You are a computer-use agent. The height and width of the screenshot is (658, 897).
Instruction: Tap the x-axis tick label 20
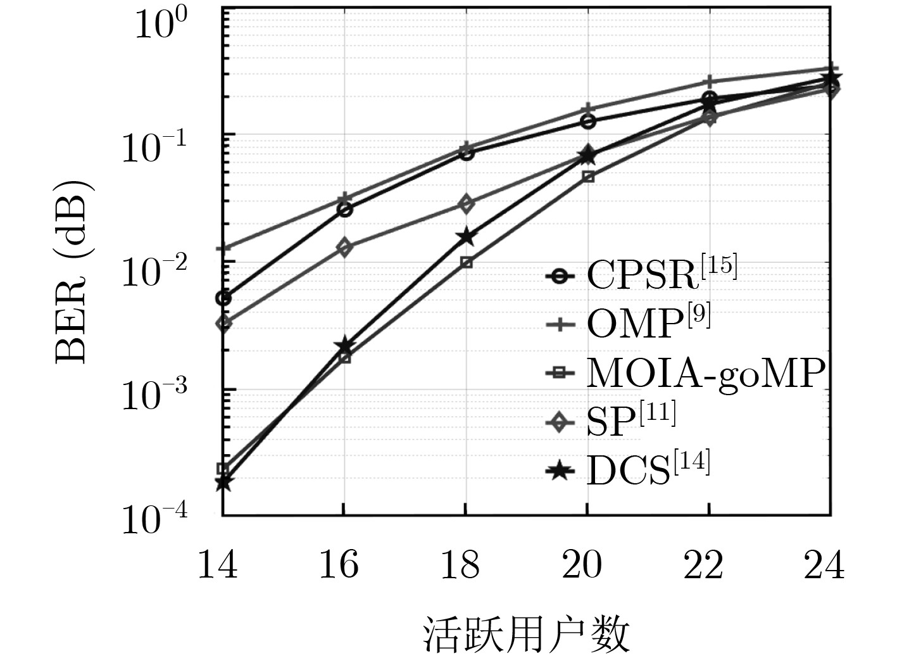pos(582,564)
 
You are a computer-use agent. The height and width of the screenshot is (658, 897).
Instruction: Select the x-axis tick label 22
pos(703,564)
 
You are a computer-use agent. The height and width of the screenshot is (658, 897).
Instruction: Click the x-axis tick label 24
pos(824,564)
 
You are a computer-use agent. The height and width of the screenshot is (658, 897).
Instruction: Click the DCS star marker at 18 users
pos(466,237)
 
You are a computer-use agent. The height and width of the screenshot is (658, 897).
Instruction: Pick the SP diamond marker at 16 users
pos(344,248)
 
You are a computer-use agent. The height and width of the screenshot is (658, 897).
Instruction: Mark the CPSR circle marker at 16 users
pos(345,210)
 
